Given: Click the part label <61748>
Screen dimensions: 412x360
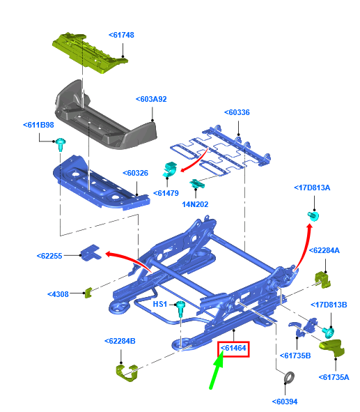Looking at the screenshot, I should point(122,34).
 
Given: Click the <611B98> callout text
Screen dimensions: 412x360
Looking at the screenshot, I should point(40,125).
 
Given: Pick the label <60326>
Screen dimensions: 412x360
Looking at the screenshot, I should point(136,173).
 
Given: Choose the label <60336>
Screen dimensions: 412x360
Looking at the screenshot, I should point(237,112).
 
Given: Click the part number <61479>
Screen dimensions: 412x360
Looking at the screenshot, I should point(166,193).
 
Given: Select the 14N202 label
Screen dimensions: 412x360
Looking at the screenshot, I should point(196,204).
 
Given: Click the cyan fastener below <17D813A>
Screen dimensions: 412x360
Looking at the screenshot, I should point(313,215).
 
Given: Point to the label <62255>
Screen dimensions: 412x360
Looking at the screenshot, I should point(49,256).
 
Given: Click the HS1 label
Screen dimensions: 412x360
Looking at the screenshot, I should point(160,304).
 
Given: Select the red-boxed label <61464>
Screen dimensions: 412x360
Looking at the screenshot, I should point(234,347).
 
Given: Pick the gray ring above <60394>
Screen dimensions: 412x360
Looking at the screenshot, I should point(287,379).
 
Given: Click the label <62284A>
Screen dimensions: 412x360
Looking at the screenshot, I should point(327,250).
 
